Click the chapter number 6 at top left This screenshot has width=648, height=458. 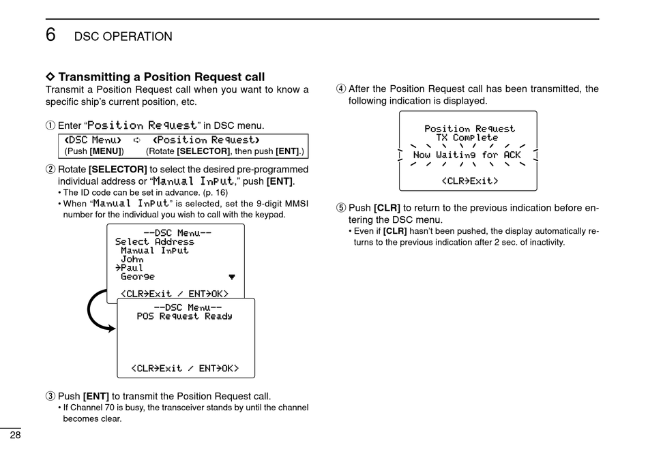tap(50, 35)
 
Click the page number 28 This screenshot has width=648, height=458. tap(14, 436)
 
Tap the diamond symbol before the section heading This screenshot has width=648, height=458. tap(49, 77)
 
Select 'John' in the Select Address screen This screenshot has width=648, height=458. tap(132, 259)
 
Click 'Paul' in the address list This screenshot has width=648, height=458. tap(130, 268)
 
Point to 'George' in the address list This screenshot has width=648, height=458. tap(138, 277)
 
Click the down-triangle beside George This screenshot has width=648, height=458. tap(232, 277)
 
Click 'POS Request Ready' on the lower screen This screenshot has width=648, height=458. tap(184, 316)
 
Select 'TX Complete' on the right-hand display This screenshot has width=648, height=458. tap(467, 138)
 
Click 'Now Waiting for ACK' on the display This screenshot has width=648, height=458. tap(467, 155)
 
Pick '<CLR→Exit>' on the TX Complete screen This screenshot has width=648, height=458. tap(469, 181)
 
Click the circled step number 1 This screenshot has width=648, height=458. tap(50, 125)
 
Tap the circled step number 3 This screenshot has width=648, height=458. tap(50, 396)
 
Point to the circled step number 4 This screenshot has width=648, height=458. tap(340, 89)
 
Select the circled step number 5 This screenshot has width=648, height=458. tap(340, 208)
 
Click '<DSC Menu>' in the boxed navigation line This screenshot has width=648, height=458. tap(93, 140)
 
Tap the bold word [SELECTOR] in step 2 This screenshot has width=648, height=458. tap(117, 169)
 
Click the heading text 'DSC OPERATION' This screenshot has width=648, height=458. tap(123, 37)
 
